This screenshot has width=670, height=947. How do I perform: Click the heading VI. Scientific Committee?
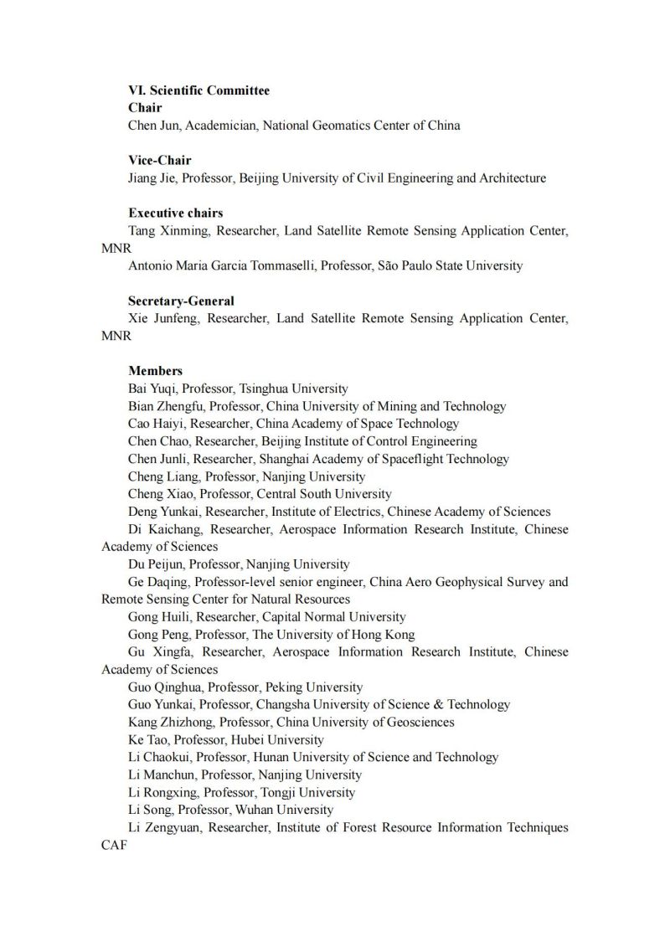tap(198, 90)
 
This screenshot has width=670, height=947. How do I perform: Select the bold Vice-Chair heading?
tap(159, 161)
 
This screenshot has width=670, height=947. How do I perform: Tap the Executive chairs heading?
tap(175, 213)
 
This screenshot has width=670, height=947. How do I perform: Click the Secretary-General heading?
tap(181, 301)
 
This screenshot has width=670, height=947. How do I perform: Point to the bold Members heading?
tap(155, 370)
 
